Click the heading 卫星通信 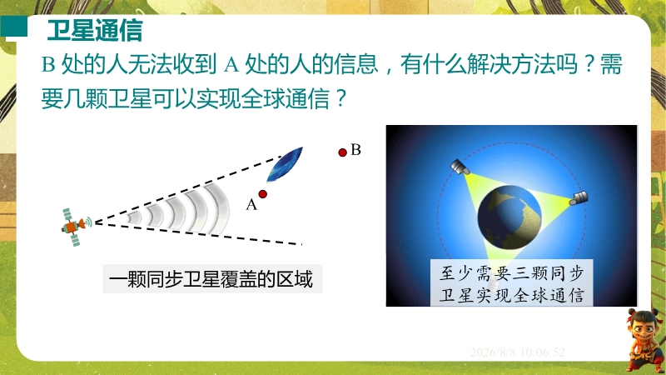click(95, 30)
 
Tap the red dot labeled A click(263, 194)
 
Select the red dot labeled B click(343, 152)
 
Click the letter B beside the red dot click(356, 150)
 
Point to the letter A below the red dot click(251, 205)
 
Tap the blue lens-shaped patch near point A click(285, 164)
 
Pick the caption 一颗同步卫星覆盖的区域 click(211, 279)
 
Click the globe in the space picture click(509, 217)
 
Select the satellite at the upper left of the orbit click(460, 167)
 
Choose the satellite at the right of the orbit click(579, 198)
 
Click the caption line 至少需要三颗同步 click(511, 273)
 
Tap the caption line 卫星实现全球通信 click(511, 295)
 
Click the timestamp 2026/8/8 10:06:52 click(517, 352)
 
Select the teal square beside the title click(13, 27)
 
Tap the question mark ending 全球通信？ click(340, 98)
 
